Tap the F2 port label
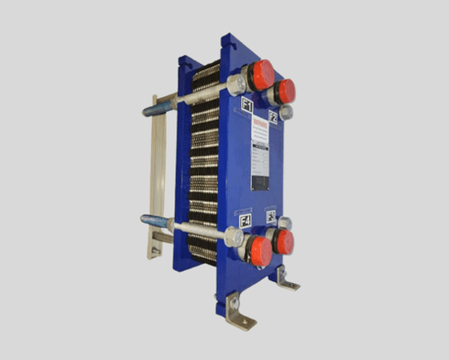[273, 117]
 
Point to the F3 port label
[271, 216]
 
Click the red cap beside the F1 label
[263, 74]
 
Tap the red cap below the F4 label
[261, 250]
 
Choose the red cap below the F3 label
[283, 242]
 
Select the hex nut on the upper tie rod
[235, 85]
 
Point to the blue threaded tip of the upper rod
[150, 111]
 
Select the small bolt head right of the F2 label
[287, 113]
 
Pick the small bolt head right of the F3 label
[286, 223]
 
